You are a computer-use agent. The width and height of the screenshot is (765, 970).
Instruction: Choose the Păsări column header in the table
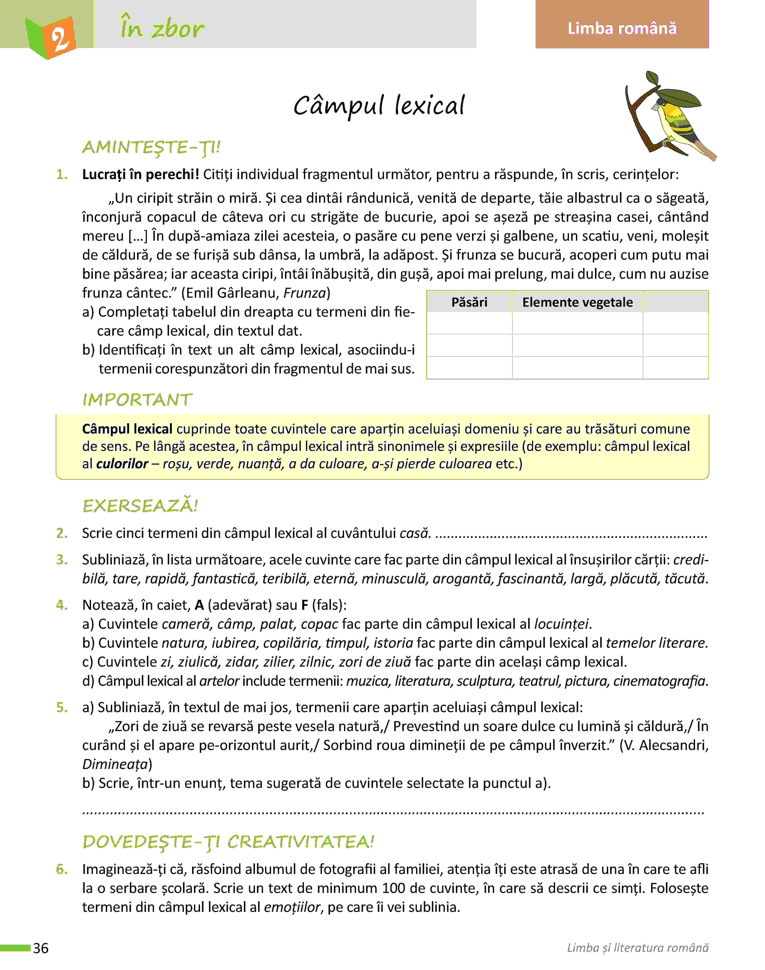(469, 302)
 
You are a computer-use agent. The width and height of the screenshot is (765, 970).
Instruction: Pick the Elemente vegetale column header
(577, 302)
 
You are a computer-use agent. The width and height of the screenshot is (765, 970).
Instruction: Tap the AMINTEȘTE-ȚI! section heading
(151, 147)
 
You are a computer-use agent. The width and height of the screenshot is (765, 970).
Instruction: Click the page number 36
(41, 948)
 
